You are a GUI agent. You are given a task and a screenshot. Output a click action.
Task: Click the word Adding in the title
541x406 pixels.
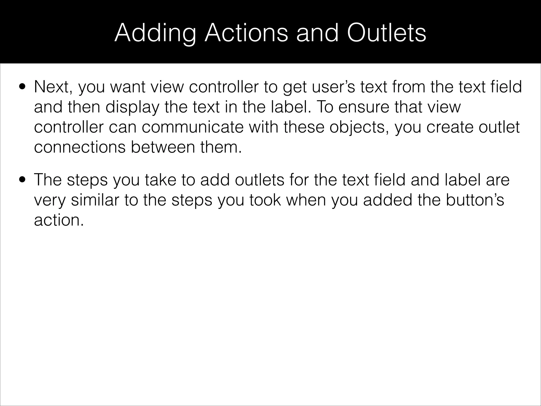point(155,33)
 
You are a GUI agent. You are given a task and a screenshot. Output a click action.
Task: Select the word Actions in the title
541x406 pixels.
point(246,33)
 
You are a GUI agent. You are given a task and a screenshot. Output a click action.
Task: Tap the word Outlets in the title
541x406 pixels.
point(386,33)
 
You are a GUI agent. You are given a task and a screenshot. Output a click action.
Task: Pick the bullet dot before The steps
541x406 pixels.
point(22,180)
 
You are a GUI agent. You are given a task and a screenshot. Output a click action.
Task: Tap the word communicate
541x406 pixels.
point(193,127)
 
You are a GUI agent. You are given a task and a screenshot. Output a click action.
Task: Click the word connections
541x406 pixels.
point(80,147)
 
